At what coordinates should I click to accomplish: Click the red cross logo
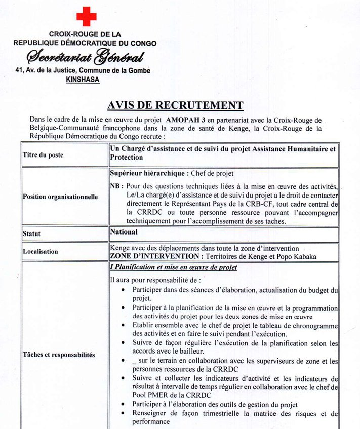(x=86, y=16)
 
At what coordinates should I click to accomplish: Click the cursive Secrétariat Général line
(x=85, y=57)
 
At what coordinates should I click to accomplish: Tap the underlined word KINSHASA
(x=83, y=79)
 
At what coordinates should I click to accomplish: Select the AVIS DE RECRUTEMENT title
(x=175, y=105)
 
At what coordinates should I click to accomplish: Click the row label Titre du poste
(x=43, y=155)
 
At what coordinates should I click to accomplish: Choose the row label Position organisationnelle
(x=60, y=197)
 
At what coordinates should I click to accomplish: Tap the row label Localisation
(x=41, y=251)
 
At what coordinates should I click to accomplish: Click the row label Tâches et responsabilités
(x=59, y=355)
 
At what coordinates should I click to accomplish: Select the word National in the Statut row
(x=124, y=232)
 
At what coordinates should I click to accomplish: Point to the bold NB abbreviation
(x=115, y=186)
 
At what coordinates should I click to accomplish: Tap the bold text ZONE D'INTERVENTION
(x=150, y=256)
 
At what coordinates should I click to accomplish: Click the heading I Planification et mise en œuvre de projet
(x=173, y=267)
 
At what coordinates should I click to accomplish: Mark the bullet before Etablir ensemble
(x=124, y=326)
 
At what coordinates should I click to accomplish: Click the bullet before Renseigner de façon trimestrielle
(x=124, y=414)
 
